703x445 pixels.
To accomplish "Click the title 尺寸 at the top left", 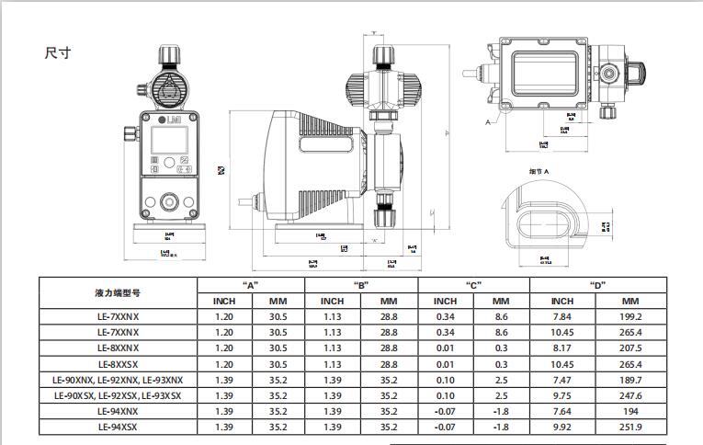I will point(57,52).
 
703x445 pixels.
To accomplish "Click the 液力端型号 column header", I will point(118,292).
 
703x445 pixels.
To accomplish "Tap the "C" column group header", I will point(473,285).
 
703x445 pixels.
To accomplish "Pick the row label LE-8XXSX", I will point(118,364).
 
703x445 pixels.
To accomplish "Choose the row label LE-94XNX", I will point(118,411).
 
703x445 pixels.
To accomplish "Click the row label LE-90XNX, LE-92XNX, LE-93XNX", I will point(118,380).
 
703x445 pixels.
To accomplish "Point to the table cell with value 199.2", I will point(630,316).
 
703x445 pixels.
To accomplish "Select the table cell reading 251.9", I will point(630,427).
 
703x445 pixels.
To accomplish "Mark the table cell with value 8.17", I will point(561,348).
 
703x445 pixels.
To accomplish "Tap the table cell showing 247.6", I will point(630,395).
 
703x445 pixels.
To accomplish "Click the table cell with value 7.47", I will point(561,380).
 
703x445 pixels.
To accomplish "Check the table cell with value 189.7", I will point(630,380).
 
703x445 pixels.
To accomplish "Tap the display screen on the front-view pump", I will point(169,141).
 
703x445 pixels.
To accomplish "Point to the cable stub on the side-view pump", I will point(245,198).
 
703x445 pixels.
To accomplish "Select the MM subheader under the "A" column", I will point(278,301).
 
